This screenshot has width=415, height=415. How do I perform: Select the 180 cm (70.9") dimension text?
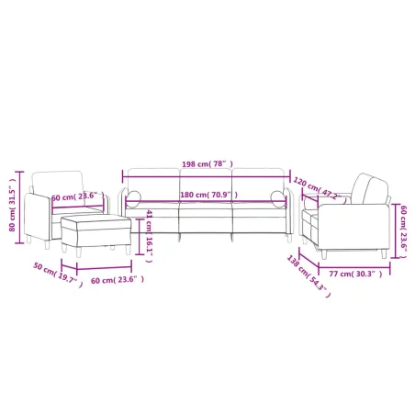pos(207,195)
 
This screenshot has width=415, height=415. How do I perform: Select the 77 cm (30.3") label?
pos(354,273)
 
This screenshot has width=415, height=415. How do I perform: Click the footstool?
pos(88,230)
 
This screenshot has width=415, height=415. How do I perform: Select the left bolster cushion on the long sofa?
pos(134,196)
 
